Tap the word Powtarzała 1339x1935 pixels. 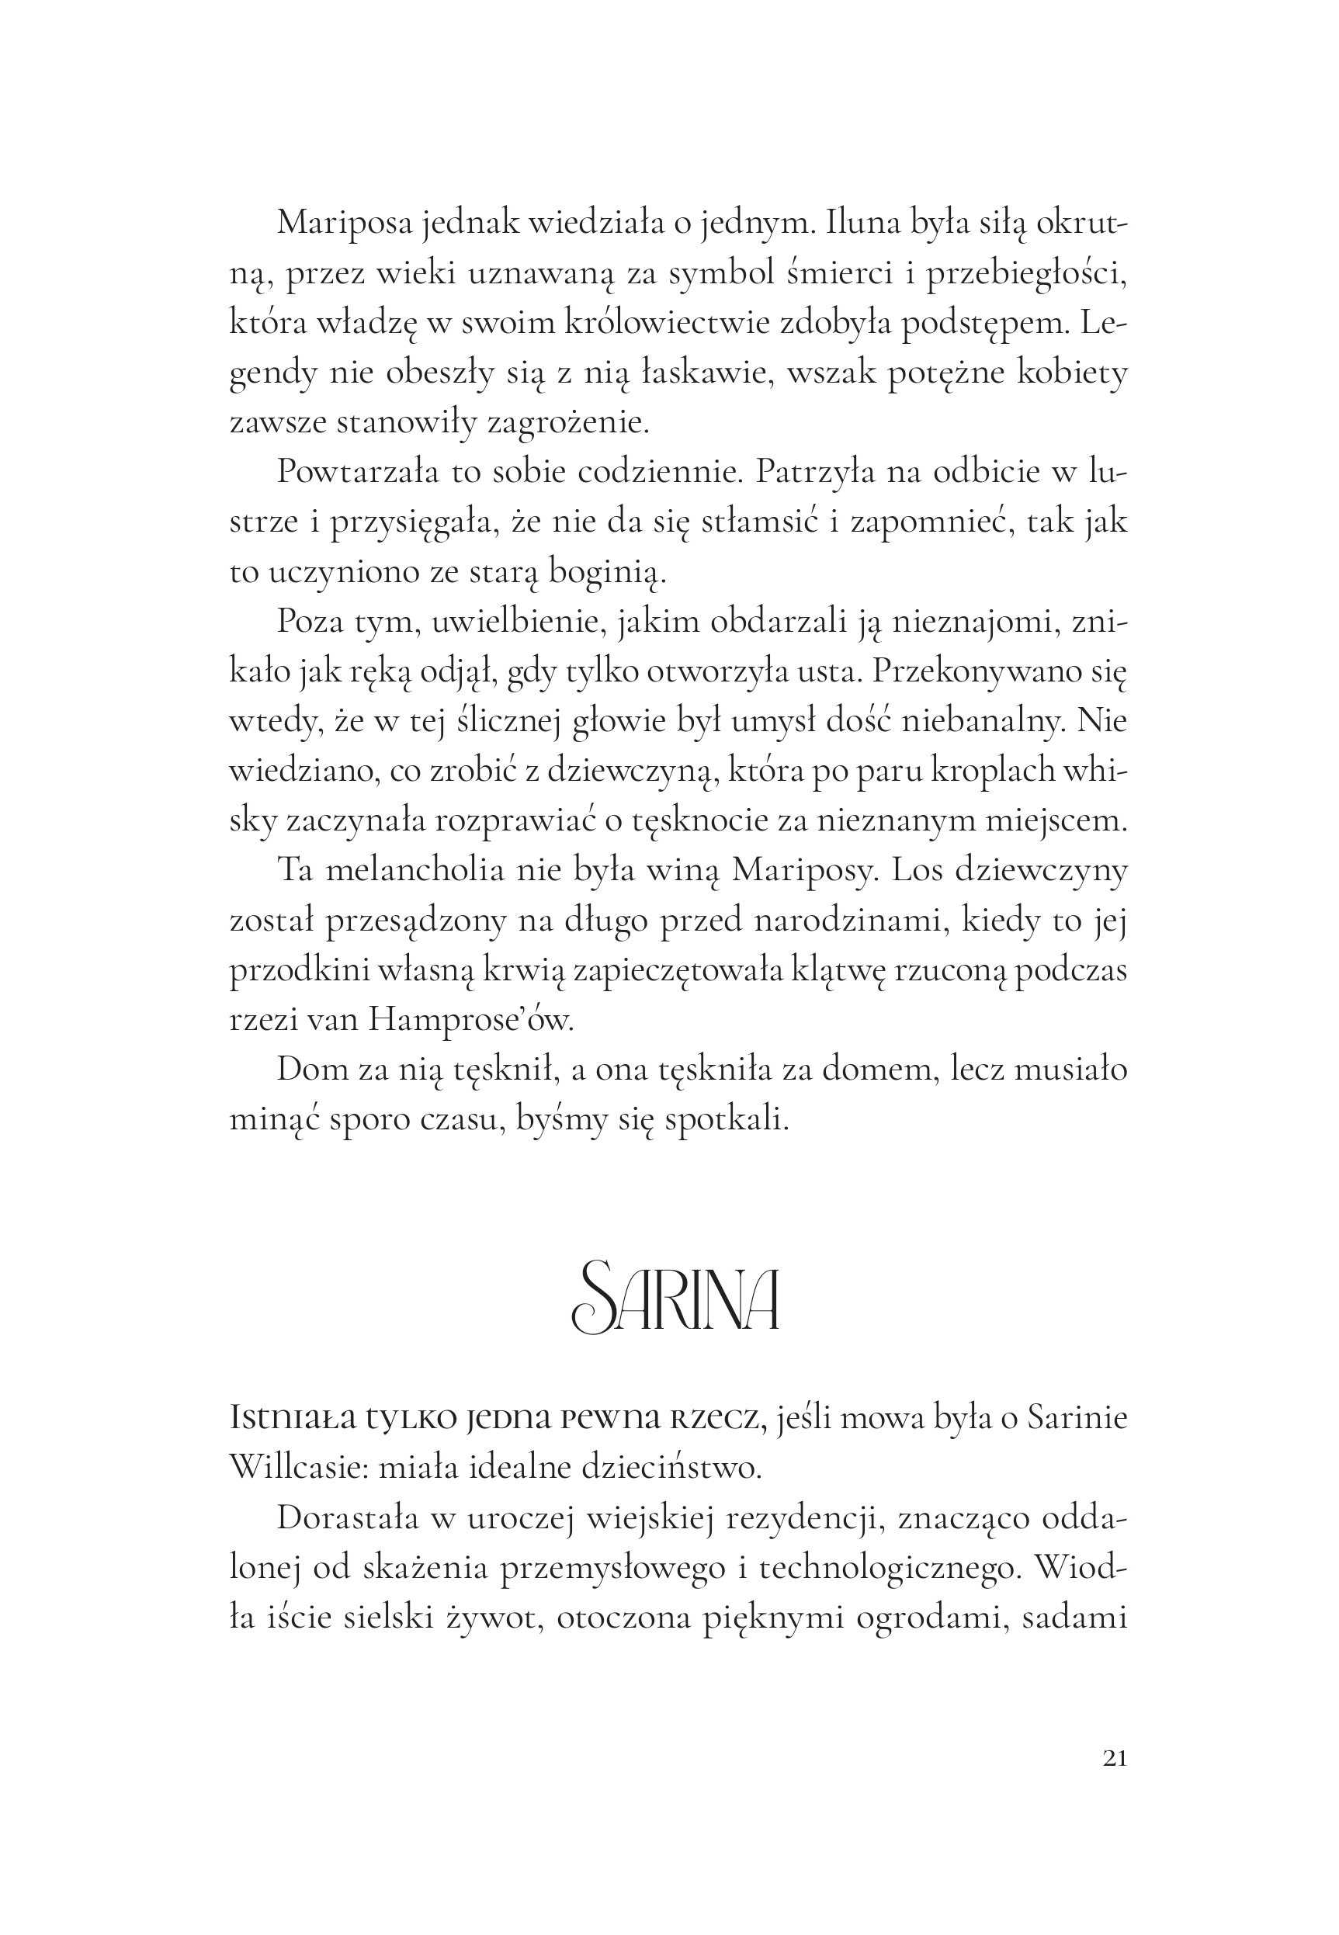tap(357, 472)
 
